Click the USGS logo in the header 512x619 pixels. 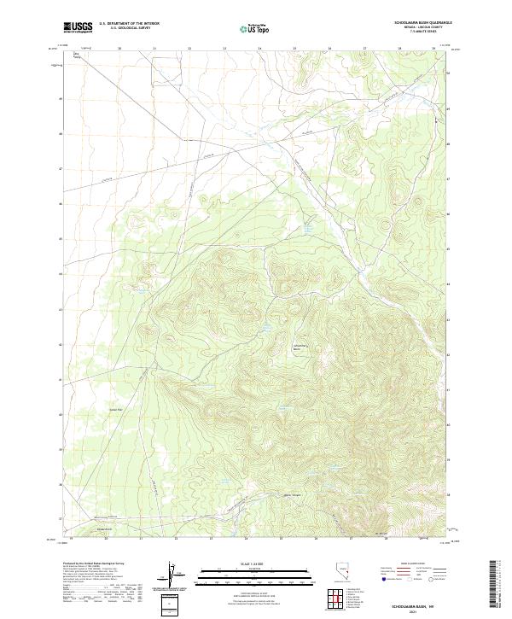coord(78,27)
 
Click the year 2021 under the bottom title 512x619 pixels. coord(411,610)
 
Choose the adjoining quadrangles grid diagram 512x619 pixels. coord(336,601)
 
